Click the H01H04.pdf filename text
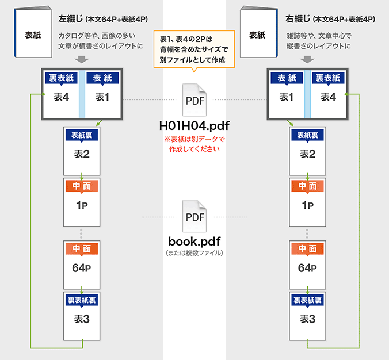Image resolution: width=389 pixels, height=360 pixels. click(194, 125)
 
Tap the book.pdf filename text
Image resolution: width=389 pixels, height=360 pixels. click(194, 240)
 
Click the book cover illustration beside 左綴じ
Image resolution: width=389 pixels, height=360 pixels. click(33, 35)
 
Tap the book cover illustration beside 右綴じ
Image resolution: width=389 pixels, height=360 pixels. click(257, 35)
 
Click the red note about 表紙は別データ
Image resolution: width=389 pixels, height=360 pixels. click(194, 144)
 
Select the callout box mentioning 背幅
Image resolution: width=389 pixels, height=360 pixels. click(194, 50)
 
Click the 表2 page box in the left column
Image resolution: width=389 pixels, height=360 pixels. click(82, 150)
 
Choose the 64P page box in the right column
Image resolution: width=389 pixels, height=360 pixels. click(308, 262)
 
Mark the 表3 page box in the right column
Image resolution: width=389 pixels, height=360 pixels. click(308, 314)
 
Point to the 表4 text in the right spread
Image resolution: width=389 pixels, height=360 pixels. click(328, 97)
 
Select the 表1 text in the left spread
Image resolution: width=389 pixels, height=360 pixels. click(102, 97)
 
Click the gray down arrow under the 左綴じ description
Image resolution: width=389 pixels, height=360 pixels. click(82, 59)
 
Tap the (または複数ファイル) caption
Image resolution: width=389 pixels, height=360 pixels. click(194, 253)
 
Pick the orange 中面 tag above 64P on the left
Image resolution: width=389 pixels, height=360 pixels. click(82, 248)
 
